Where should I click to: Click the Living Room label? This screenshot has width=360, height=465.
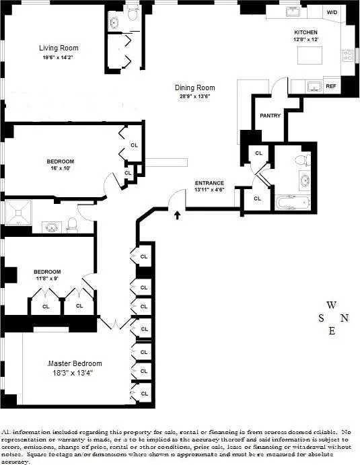pyautogui.click(x=59, y=48)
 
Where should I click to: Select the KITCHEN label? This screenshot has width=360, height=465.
pyautogui.click(x=305, y=32)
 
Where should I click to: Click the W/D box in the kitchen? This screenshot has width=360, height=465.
pyautogui.click(x=332, y=13)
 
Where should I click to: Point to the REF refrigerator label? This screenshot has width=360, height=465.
pyautogui.click(x=331, y=86)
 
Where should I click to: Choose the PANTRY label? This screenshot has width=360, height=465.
pyautogui.click(x=270, y=116)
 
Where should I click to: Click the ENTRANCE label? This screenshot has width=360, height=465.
pyautogui.click(x=209, y=183)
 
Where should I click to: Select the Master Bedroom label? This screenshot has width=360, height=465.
pyautogui.click(x=75, y=363)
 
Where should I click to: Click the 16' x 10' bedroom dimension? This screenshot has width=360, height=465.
pyautogui.click(x=60, y=169)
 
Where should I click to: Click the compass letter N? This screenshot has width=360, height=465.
pyautogui.click(x=345, y=318)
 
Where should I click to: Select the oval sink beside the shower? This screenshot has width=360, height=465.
pyautogui.click(x=51, y=227)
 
